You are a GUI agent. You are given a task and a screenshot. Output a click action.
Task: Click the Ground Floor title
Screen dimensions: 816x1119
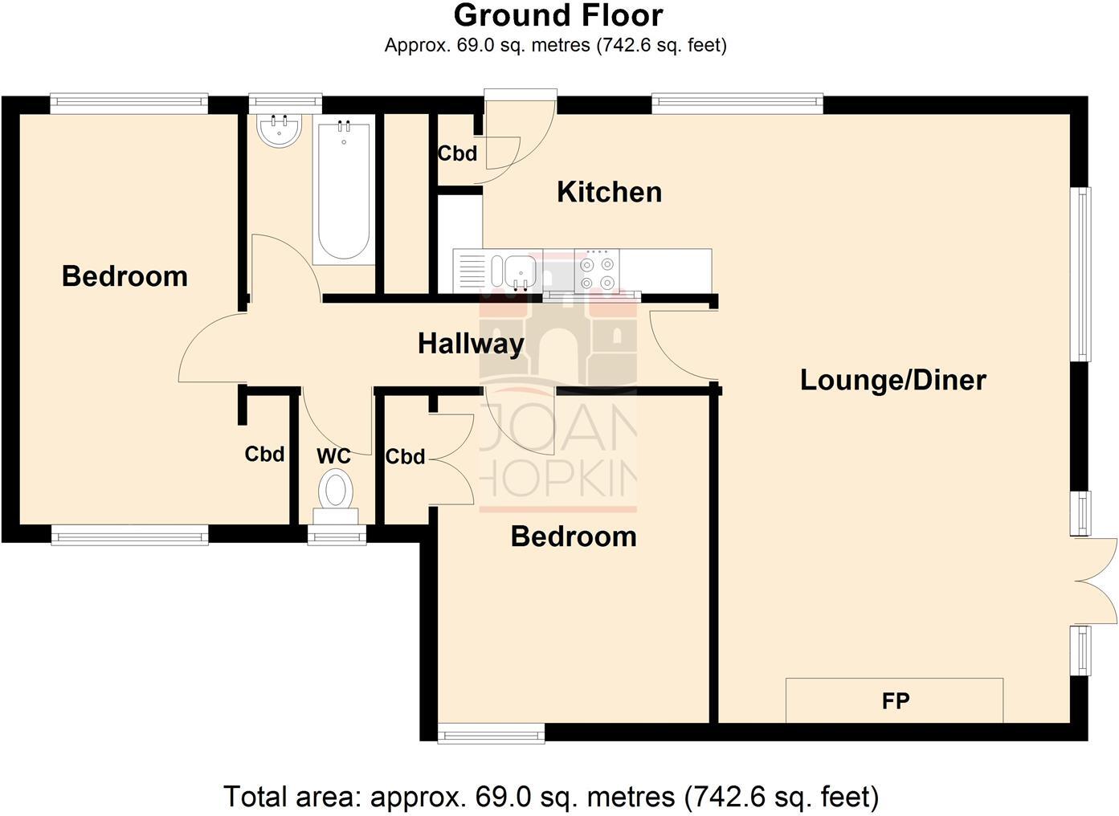click(x=558, y=15)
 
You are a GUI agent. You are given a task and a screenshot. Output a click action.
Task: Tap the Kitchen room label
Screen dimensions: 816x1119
click(x=609, y=192)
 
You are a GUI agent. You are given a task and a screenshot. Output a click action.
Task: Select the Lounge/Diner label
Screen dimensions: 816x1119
click(x=892, y=380)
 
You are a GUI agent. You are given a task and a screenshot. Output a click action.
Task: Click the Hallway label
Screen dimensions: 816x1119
click(x=471, y=344)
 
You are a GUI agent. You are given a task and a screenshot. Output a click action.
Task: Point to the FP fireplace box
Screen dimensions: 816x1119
click(x=894, y=700)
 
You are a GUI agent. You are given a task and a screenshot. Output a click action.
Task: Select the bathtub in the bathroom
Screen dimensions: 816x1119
click(x=344, y=192)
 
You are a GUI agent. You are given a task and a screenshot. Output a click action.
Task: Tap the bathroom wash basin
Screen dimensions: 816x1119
click(x=279, y=130)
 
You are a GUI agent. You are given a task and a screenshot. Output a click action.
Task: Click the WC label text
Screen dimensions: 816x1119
click(x=333, y=456)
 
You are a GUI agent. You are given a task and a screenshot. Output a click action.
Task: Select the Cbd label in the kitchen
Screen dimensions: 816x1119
click(x=457, y=153)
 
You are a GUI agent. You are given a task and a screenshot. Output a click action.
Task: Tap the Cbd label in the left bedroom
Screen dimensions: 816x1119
click(x=264, y=454)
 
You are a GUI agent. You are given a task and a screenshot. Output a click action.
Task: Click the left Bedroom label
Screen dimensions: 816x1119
click(x=125, y=276)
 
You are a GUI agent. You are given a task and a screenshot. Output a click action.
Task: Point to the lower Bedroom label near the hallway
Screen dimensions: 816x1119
click(x=574, y=537)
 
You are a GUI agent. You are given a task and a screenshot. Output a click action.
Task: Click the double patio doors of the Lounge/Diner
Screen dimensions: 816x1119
click(x=1096, y=581)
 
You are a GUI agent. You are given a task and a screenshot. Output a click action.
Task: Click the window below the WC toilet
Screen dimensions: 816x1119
click(x=337, y=533)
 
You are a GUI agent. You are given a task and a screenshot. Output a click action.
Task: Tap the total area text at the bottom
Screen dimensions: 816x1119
click(x=551, y=797)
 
